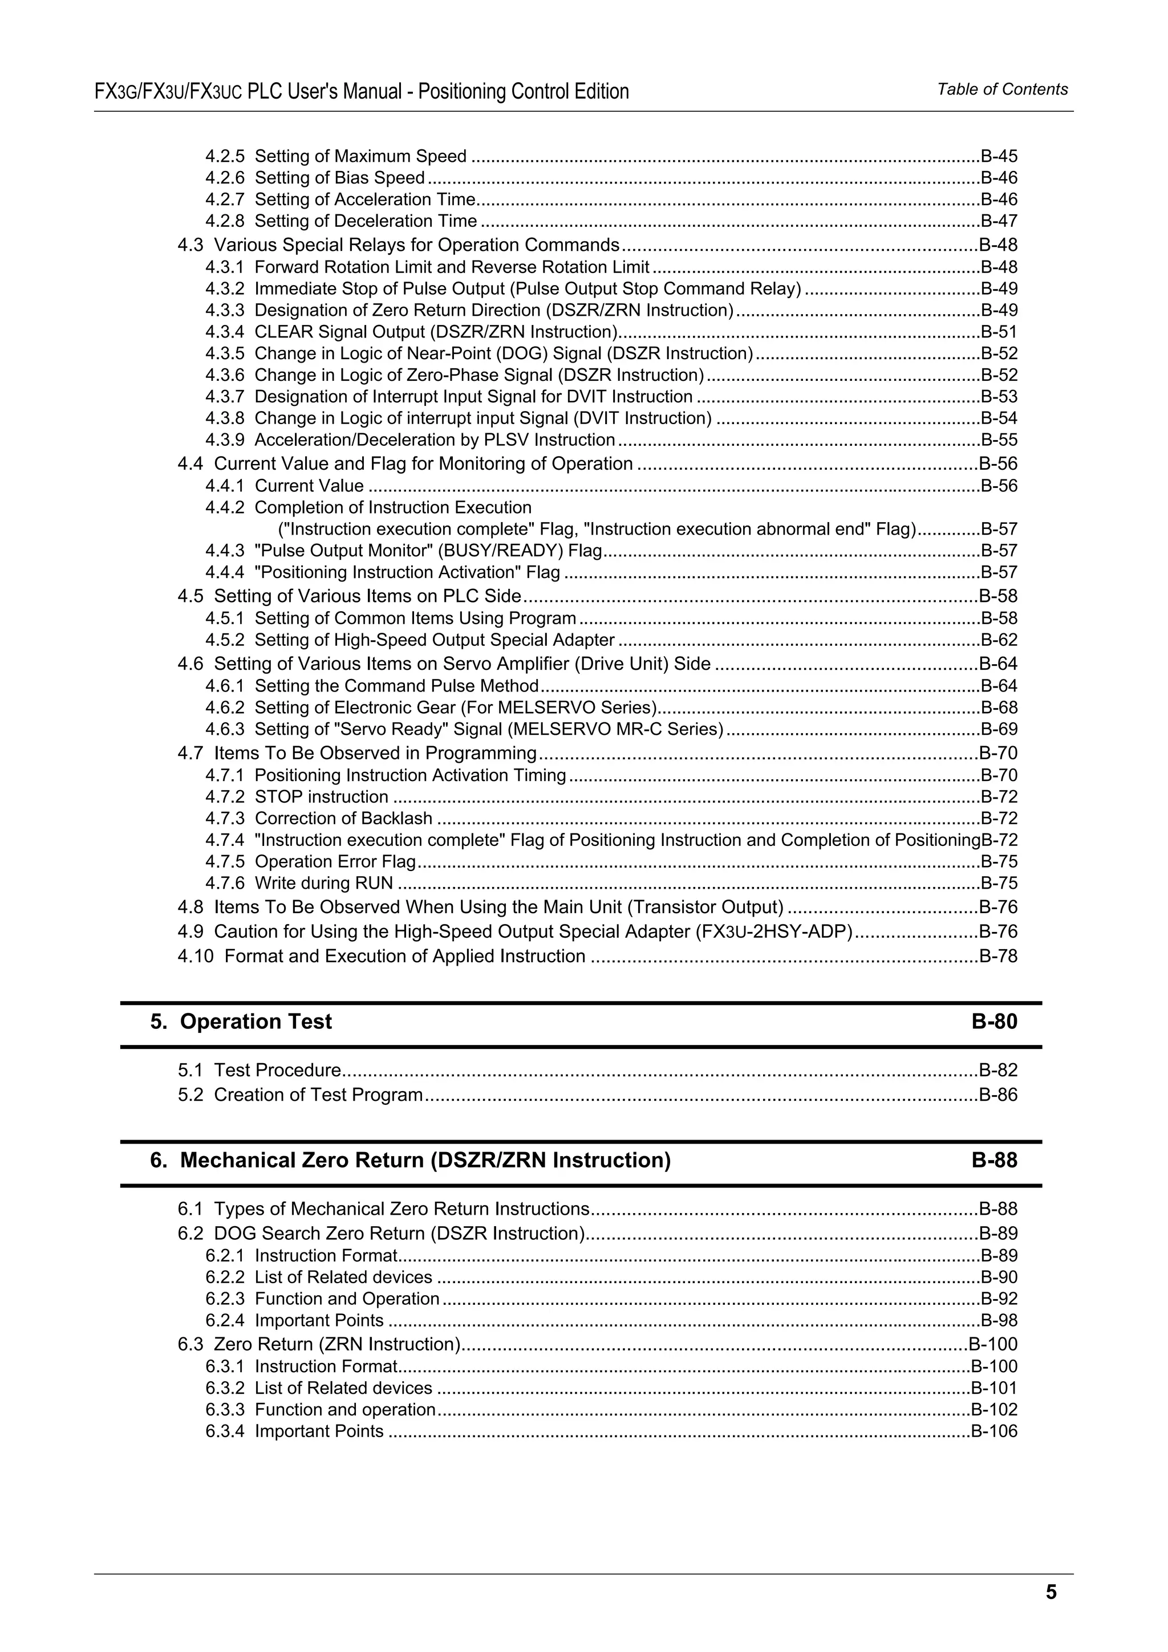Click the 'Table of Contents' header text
coord(1002,89)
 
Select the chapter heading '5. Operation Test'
coord(241,1022)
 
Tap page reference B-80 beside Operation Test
coord(994,1022)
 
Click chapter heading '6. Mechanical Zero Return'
coord(410,1160)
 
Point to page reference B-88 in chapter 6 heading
coord(994,1160)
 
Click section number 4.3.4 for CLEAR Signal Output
coord(225,332)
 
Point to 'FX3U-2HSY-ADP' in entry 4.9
coord(774,932)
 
